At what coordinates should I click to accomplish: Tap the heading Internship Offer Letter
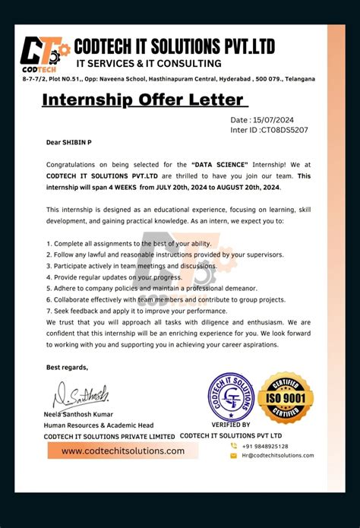tap(144, 100)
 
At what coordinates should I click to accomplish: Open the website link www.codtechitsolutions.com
tap(123, 451)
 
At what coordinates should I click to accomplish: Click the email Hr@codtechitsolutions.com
tap(277, 455)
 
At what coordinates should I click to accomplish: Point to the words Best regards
tap(68, 367)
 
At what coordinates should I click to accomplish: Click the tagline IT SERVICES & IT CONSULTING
tap(149, 63)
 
